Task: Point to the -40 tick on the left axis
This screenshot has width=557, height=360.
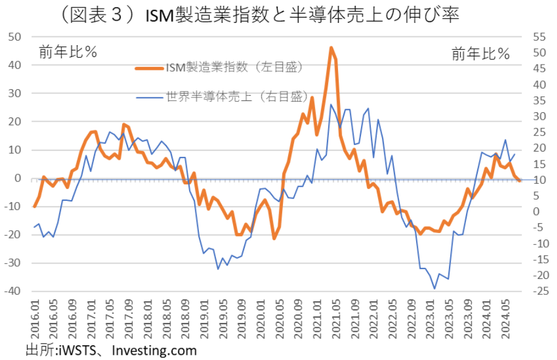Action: (12, 291)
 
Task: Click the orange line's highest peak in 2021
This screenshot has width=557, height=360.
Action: (331, 48)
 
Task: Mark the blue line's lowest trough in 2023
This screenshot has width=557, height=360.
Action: (434, 288)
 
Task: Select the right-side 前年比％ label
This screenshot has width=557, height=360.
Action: (480, 54)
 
